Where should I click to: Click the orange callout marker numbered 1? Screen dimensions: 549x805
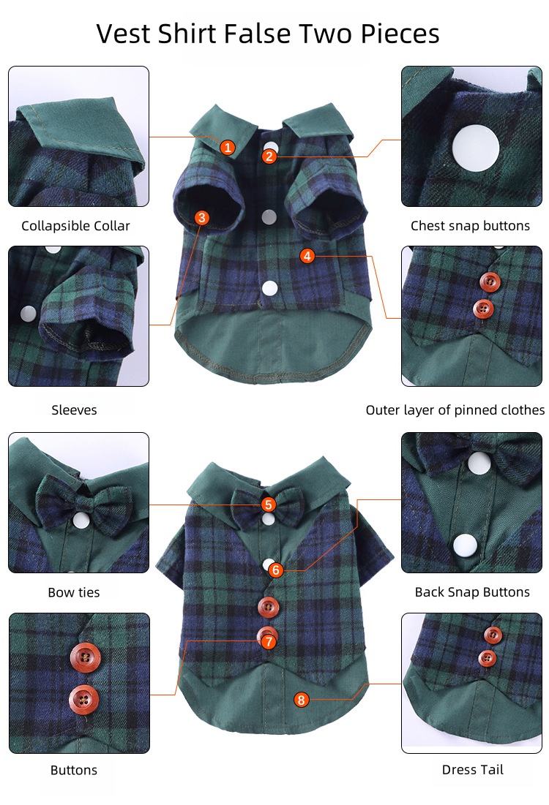(x=228, y=148)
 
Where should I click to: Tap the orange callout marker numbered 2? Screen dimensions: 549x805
(x=269, y=156)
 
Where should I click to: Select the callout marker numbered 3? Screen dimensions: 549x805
(x=201, y=218)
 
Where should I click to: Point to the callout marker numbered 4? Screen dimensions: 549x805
(x=307, y=256)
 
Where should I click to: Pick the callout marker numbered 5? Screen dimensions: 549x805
(x=269, y=504)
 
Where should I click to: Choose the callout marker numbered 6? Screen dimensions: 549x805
(x=276, y=570)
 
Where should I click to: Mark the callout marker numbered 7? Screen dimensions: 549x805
(x=269, y=642)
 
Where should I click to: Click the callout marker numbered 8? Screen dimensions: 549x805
(x=302, y=699)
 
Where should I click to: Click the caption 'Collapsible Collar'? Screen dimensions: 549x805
(x=75, y=226)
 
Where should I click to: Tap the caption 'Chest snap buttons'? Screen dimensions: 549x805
(x=470, y=226)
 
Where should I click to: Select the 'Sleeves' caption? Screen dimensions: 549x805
(x=74, y=409)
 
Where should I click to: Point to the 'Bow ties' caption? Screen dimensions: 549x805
(x=74, y=592)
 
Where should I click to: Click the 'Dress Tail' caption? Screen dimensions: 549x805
(x=473, y=770)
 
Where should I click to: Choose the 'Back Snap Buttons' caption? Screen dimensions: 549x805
(x=472, y=592)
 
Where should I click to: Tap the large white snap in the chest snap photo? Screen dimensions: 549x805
(x=476, y=148)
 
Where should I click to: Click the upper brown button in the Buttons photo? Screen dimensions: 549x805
(x=86, y=657)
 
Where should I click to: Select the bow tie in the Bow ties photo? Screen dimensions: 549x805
(x=83, y=502)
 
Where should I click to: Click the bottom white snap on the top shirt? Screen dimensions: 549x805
(x=269, y=289)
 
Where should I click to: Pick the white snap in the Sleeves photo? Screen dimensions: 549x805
(x=28, y=313)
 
